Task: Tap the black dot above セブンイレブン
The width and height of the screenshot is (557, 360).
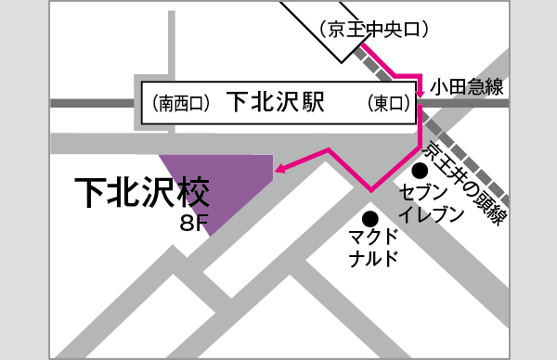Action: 420,171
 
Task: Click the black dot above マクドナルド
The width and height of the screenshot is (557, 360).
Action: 370,219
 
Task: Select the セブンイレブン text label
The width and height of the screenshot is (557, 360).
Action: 430,205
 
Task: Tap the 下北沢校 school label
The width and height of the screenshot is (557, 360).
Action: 142,193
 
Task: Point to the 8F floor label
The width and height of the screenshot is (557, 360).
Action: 198,224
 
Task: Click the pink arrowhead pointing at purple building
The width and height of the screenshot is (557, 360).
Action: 277,168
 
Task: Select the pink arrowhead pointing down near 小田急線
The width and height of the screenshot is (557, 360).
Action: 421,91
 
